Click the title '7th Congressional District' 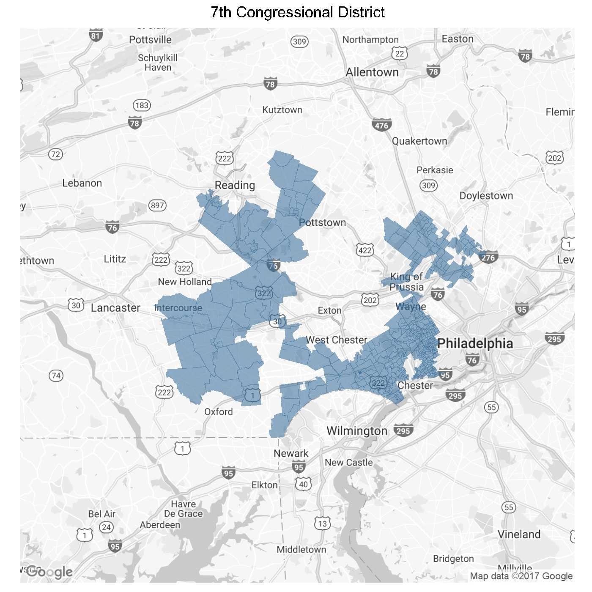[x=298, y=12]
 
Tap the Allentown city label [x=372, y=72]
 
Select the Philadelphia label [x=475, y=343]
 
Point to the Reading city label [x=235, y=185]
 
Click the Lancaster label [x=115, y=308]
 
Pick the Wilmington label [x=357, y=431]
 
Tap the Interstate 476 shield [x=381, y=125]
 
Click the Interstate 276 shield [x=488, y=258]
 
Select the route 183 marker [x=142, y=105]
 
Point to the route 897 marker [x=157, y=206]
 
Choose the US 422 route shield [x=365, y=250]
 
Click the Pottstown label [x=322, y=223]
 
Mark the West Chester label [x=337, y=340]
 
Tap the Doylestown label [x=486, y=196]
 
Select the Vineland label [x=519, y=534]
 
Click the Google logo [x=49, y=572]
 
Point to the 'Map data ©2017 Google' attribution [x=521, y=576]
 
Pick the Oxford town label [x=218, y=412]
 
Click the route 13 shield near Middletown [x=323, y=523]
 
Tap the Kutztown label [x=282, y=110]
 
